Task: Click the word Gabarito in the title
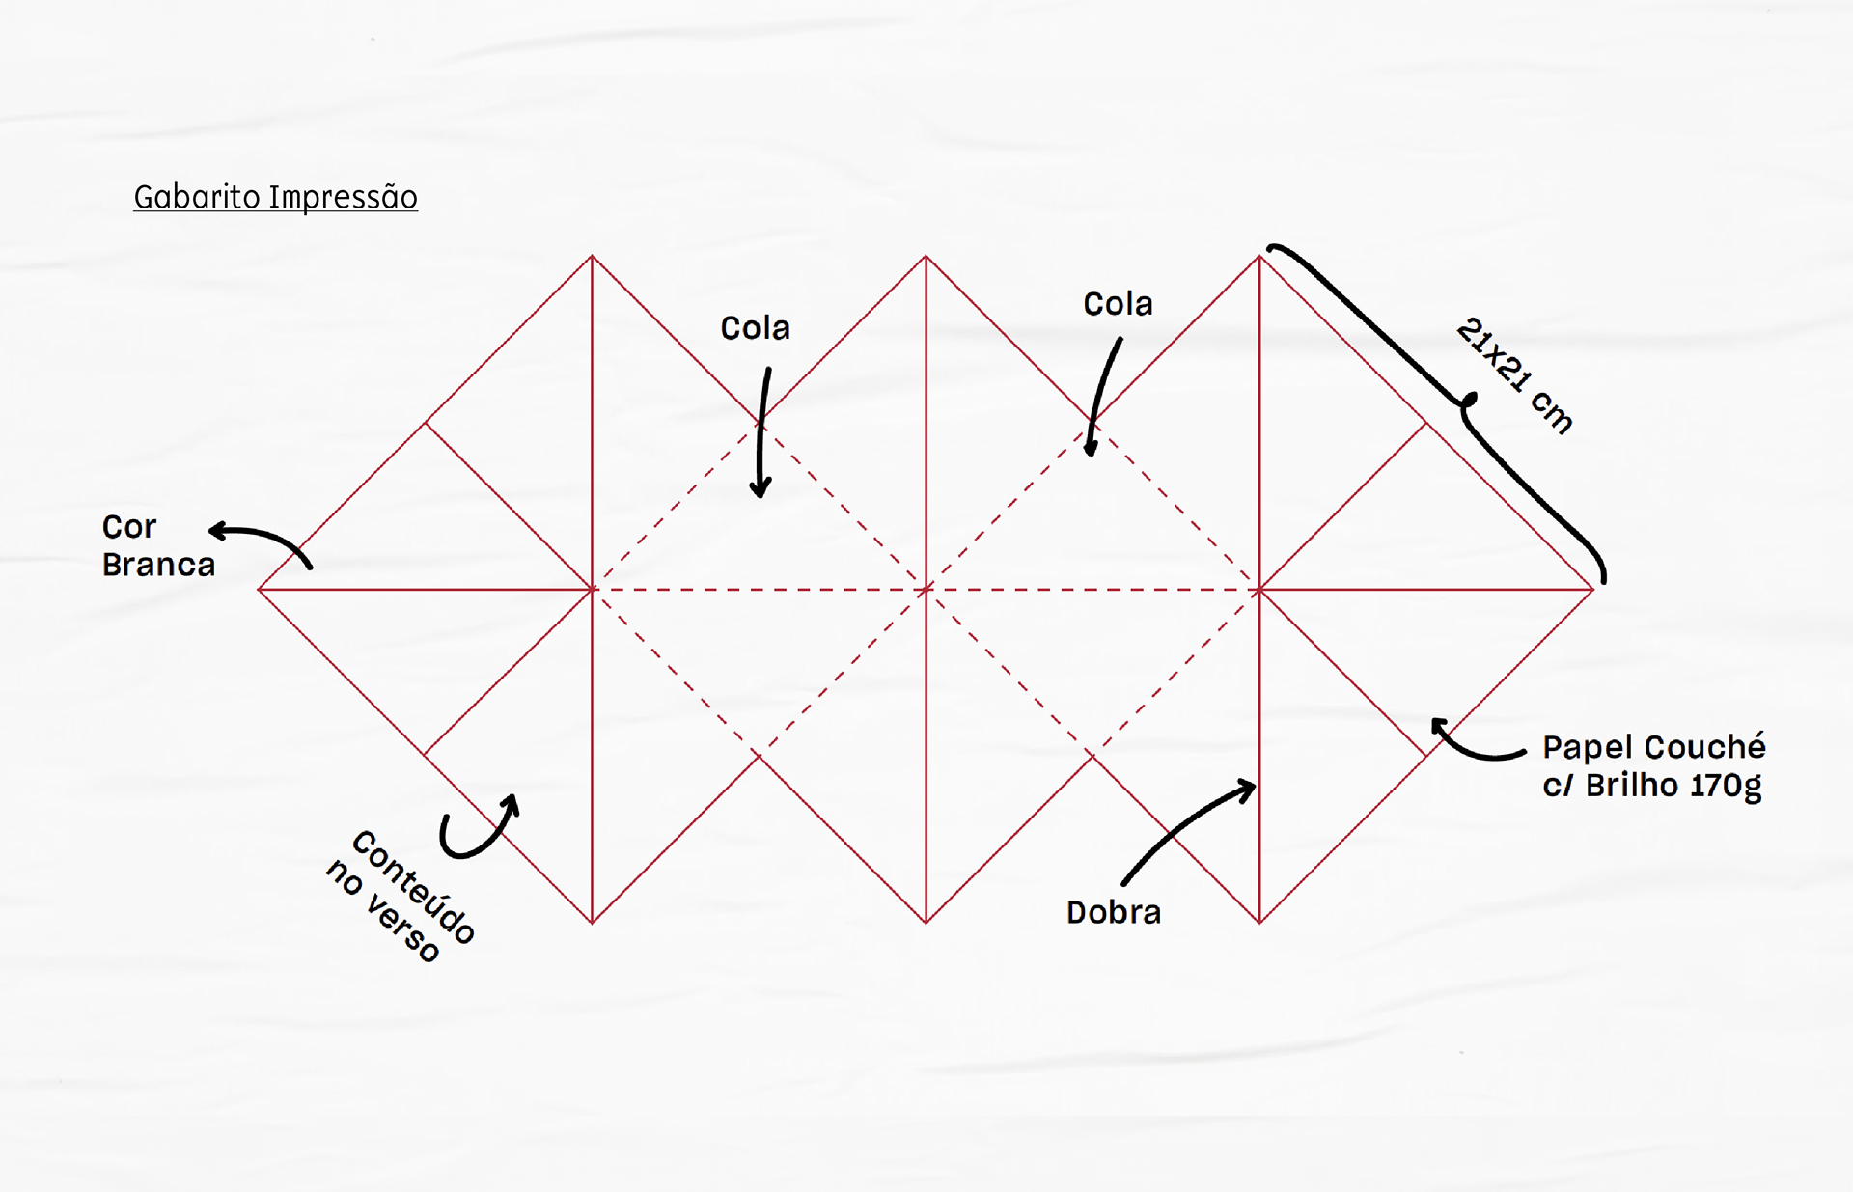coord(197,197)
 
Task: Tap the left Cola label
coord(755,328)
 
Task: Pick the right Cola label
coord(1118,304)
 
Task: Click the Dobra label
coord(1113,912)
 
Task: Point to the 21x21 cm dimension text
coord(1514,375)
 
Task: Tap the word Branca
coord(158,565)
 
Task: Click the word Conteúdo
coord(413,886)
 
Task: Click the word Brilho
coord(1627,786)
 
